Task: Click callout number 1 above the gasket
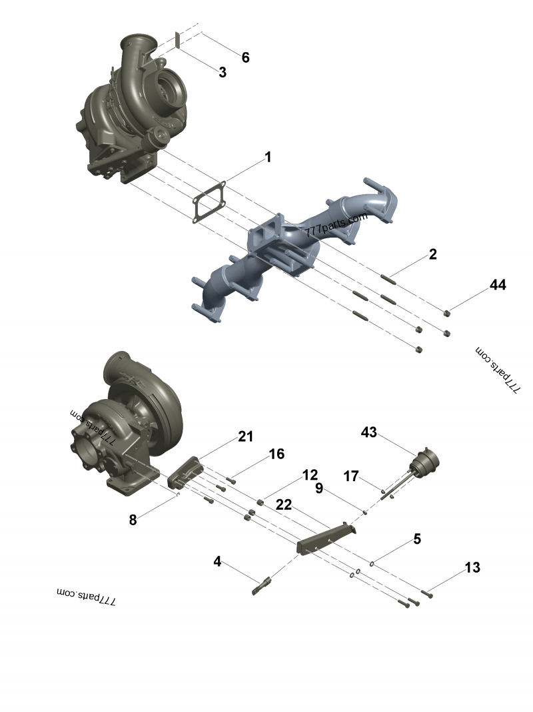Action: pyautogui.click(x=268, y=157)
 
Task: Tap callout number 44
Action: pyautogui.click(x=498, y=285)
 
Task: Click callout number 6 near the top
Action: pyautogui.click(x=245, y=57)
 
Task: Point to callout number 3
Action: pyautogui.click(x=223, y=73)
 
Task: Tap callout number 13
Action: pyautogui.click(x=472, y=568)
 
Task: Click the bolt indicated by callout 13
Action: pyautogui.click(x=427, y=592)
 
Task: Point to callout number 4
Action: pyautogui.click(x=217, y=561)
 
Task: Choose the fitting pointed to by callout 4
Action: pyautogui.click(x=261, y=585)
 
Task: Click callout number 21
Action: pyautogui.click(x=246, y=436)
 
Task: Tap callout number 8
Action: pyautogui.click(x=133, y=520)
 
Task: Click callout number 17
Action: pyautogui.click(x=352, y=476)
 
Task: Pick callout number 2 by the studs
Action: pyautogui.click(x=432, y=254)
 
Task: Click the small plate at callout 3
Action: pyautogui.click(x=177, y=39)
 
